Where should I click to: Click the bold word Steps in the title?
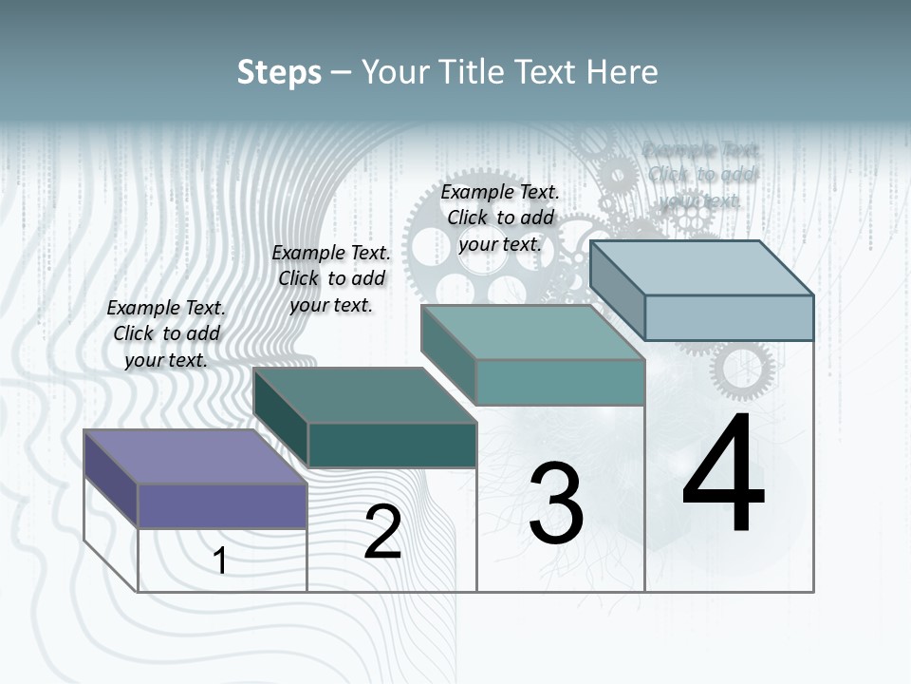(x=279, y=72)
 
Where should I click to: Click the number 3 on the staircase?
(x=556, y=503)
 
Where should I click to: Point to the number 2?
(x=383, y=532)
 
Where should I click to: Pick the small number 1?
(x=220, y=560)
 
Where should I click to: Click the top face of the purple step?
(x=195, y=457)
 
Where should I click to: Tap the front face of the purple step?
(x=222, y=505)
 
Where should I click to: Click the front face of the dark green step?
(x=392, y=445)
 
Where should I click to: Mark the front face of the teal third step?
(x=560, y=382)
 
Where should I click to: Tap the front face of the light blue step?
(x=729, y=317)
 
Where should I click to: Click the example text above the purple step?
(x=166, y=333)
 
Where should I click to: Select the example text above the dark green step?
(x=331, y=278)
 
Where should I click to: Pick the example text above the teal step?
(x=500, y=218)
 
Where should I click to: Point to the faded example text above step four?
(x=701, y=175)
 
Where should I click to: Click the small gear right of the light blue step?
(x=743, y=370)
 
